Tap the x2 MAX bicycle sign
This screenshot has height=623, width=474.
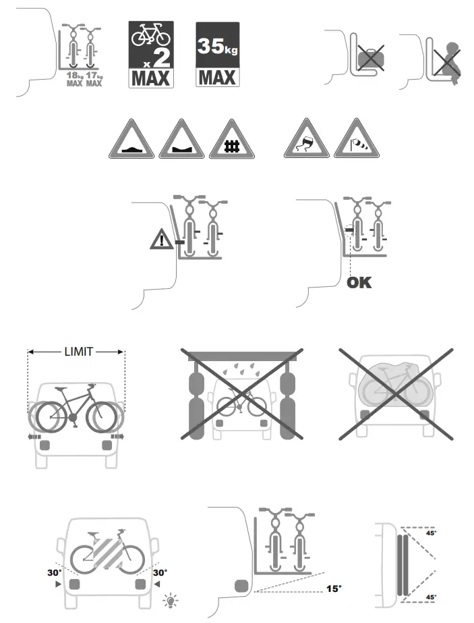click(x=151, y=55)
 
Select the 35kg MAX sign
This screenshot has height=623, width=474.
click(x=218, y=55)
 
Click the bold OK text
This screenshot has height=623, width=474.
click(x=359, y=283)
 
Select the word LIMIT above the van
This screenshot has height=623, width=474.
click(x=78, y=352)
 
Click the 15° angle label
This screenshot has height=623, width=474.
click(x=333, y=589)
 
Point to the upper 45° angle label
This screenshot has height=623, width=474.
click(x=429, y=533)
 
